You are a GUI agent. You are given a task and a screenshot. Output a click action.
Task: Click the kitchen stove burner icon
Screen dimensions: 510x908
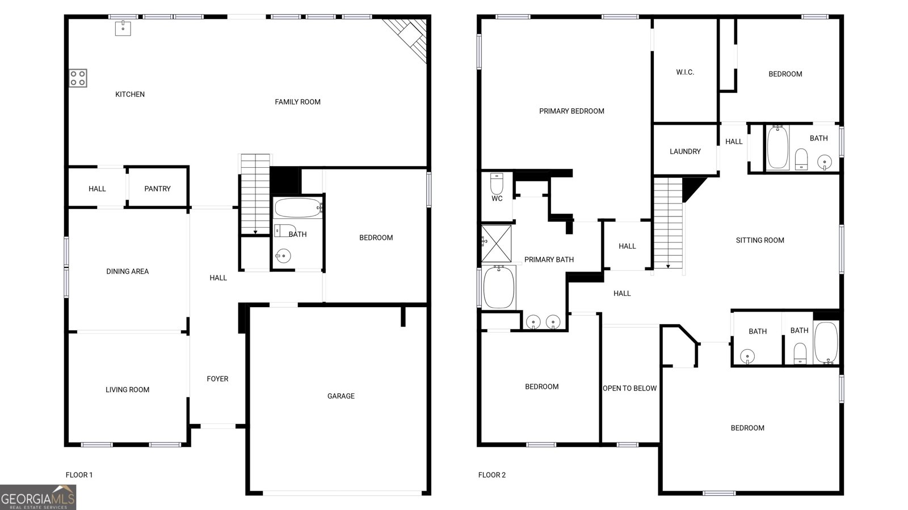[78, 78]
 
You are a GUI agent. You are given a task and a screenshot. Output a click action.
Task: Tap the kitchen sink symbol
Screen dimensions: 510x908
[123, 28]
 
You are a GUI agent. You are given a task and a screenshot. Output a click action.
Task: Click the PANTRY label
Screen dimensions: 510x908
[157, 189]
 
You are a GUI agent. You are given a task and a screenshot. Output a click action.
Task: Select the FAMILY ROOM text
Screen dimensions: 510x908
[297, 102]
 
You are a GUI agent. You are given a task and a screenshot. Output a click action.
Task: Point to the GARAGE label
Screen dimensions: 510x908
[340, 396]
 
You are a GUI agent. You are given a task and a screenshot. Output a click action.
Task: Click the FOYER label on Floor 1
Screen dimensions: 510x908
[217, 379]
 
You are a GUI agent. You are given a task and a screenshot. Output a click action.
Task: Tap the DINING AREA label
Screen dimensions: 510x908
[127, 271]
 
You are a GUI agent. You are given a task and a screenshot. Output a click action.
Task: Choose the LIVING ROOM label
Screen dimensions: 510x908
[127, 390]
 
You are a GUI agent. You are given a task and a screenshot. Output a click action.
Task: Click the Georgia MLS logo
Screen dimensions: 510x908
[37, 498]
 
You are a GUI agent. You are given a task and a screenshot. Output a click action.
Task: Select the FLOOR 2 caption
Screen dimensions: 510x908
[491, 475]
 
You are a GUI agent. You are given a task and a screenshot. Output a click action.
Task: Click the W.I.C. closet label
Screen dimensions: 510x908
[685, 73]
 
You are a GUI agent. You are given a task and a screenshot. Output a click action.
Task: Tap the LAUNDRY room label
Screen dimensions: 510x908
[685, 151]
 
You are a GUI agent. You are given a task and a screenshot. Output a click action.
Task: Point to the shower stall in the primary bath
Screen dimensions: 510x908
[497, 244]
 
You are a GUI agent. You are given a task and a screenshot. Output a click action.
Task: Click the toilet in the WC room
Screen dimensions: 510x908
[497, 183]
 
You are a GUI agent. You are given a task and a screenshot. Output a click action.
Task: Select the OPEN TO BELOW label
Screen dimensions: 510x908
[629, 388]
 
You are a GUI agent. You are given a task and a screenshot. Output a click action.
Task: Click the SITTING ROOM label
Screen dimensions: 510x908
[760, 240]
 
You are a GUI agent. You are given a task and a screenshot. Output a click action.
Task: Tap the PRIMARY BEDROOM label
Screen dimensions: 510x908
[571, 111]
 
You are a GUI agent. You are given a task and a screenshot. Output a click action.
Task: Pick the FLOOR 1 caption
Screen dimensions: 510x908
[79, 475]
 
